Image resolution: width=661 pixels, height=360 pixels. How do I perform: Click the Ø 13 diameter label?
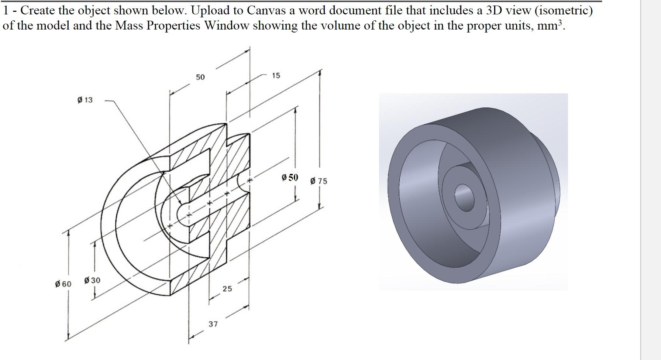click(x=85, y=100)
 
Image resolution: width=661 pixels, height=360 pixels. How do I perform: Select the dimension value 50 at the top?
click(x=200, y=77)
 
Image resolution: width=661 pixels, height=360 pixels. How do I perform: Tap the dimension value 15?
click(x=276, y=76)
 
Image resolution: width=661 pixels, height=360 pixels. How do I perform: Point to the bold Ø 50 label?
click(x=289, y=178)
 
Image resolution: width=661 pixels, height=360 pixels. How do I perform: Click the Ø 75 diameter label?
click(x=319, y=181)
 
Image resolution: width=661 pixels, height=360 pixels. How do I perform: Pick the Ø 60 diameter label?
click(x=63, y=284)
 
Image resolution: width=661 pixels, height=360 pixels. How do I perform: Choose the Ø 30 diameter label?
click(x=92, y=280)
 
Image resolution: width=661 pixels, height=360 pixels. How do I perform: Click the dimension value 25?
click(x=227, y=289)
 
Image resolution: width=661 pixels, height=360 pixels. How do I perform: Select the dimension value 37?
click(x=213, y=324)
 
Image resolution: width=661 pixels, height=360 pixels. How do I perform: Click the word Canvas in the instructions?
click(x=266, y=10)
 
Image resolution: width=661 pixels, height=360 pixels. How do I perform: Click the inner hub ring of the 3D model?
click(x=448, y=181)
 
